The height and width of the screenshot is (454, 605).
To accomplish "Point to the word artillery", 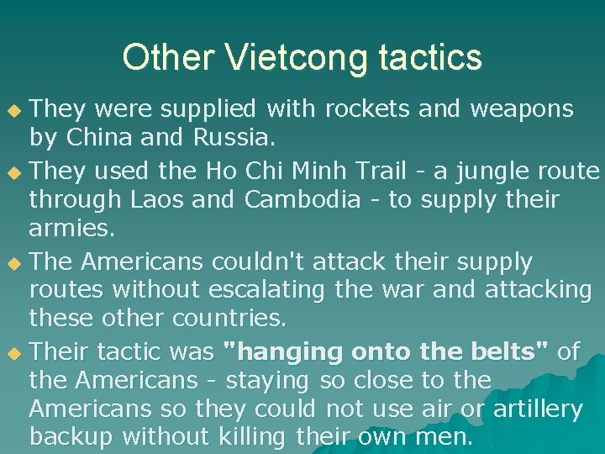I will (537, 409).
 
